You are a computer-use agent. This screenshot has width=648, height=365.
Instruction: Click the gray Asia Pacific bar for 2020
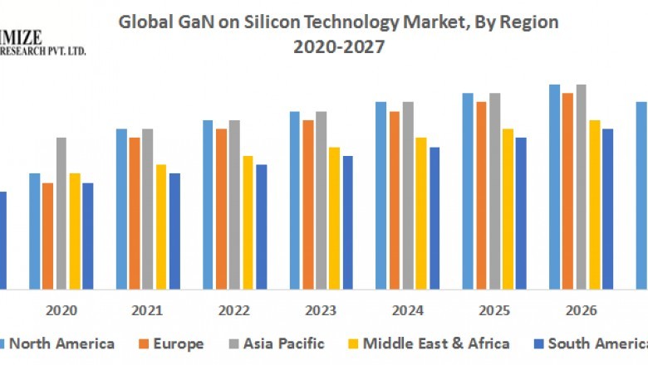click(x=61, y=213)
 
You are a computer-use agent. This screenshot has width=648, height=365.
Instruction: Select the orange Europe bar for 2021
click(x=135, y=213)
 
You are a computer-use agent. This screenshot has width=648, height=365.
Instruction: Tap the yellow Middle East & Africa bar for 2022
click(x=248, y=222)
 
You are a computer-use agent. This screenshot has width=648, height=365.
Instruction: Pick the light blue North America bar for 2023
click(x=294, y=200)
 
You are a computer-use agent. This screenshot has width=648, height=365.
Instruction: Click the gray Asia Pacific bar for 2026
click(x=582, y=187)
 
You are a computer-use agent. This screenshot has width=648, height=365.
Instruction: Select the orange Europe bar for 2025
click(x=481, y=195)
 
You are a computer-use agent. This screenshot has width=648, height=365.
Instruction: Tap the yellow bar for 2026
click(x=595, y=205)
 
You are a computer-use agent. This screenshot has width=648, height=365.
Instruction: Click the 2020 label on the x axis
click(x=61, y=310)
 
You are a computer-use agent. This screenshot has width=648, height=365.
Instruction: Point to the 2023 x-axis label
click(x=321, y=310)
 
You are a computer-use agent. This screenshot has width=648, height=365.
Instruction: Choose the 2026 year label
click(x=581, y=310)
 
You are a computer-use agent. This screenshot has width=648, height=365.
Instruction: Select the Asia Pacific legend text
click(x=282, y=343)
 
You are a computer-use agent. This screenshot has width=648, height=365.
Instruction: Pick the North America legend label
click(x=61, y=343)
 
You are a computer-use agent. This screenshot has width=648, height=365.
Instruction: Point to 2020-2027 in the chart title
click(x=339, y=47)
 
